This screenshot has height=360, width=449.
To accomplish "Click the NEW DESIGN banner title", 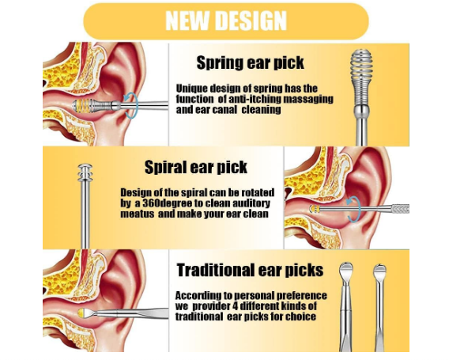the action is tap(226, 21).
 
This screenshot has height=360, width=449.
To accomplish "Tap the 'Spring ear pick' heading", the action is tap(250, 63).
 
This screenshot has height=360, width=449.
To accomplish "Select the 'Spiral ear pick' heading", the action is tap(196, 167).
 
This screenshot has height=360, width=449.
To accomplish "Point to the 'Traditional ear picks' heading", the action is tap(250, 270).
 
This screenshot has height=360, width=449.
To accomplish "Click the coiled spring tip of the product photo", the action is tap(360, 76).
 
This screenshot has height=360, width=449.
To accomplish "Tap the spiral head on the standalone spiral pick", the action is tap(85, 172).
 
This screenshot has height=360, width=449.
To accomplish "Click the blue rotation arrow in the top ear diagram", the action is tap(132, 105).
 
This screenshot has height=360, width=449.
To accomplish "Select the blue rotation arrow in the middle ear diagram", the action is tap(354, 209).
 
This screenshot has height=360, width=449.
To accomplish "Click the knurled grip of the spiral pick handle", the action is tap(400, 209).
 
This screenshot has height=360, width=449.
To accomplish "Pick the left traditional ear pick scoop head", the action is tap(346, 271).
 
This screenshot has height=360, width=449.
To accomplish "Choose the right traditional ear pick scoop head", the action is tap(379, 271).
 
